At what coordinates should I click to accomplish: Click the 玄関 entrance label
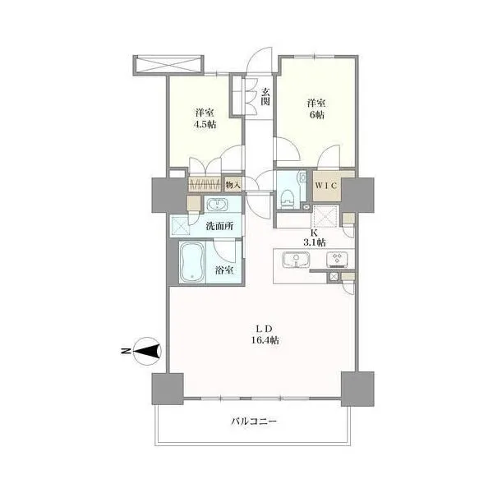point(265,96)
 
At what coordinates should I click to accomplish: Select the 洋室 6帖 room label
point(316,108)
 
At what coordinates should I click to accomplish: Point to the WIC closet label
point(325,186)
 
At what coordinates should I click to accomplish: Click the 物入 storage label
point(233,186)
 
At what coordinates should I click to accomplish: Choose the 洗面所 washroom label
point(219,226)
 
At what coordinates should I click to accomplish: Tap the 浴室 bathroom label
point(224,270)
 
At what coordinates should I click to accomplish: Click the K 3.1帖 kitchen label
point(314,237)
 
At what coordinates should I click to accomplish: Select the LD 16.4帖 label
point(265,334)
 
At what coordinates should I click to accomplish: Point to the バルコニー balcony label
point(254,421)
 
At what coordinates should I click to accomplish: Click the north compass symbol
point(147,351)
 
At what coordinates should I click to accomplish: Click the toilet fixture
point(287,199)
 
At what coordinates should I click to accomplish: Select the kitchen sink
point(296,260)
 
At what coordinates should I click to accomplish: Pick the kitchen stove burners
point(338,260)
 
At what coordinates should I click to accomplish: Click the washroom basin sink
point(217,205)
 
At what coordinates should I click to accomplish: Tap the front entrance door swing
point(259,61)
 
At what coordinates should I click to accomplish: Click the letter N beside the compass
point(126,351)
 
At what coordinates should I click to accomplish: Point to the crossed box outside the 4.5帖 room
point(168,66)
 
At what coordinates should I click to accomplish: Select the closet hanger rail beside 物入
point(205,185)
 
